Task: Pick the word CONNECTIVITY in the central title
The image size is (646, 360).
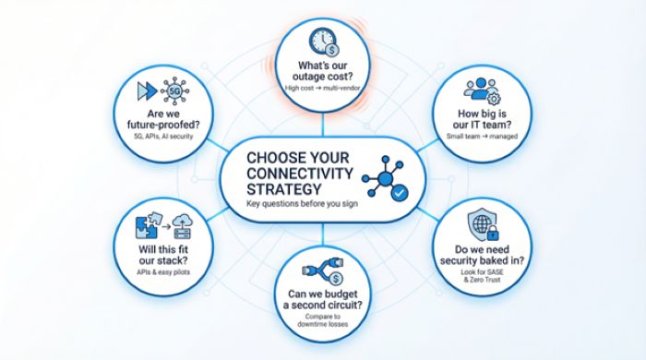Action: pos(299,171)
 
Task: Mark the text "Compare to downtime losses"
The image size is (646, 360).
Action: pos(322,321)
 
